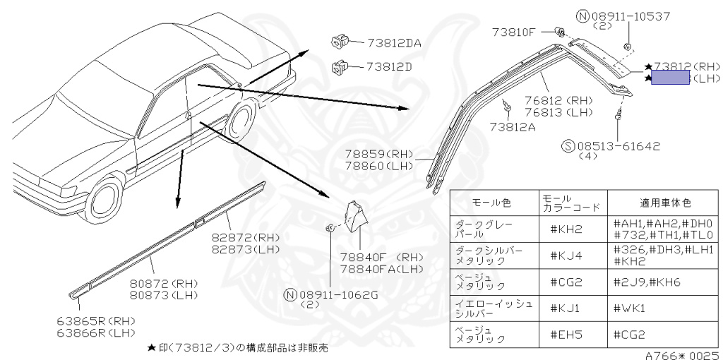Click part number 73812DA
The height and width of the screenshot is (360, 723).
[393, 43]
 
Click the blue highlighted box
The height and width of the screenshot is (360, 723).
[670, 78]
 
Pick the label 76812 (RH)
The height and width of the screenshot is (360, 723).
[558, 101]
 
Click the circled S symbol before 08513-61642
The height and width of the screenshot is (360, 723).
[568, 147]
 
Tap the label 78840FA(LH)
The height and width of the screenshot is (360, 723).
[381, 270]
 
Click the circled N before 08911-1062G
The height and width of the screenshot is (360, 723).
[290, 294]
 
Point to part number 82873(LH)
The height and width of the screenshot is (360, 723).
[246, 250]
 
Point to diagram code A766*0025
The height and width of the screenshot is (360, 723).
[681, 355]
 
